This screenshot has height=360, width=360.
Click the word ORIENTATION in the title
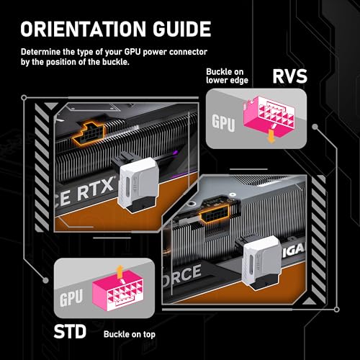click(83, 29)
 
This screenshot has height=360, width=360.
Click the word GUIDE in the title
click(182, 29)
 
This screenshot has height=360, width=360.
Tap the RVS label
click(289, 76)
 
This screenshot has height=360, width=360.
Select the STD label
click(70, 331)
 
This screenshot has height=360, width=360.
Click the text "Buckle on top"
click(130, 334)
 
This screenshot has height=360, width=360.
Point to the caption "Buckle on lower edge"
click(227, 76)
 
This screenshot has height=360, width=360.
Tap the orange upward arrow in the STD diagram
click(120, 272)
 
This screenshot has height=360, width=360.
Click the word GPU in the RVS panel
click(223, 123)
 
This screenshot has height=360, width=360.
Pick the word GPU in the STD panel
click(71, 297)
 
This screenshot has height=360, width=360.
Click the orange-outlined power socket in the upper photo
click(89, 134)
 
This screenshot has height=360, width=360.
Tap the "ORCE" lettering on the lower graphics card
click(181, 275)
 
